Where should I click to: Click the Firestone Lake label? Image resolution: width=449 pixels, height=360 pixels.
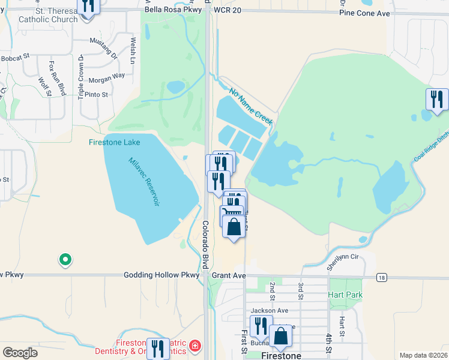(x=114, y=142)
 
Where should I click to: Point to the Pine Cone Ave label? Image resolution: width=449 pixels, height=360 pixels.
(x=364, y=11)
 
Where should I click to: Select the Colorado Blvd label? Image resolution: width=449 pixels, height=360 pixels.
(x=205, y=245)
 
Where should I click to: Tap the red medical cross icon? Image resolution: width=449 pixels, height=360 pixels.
(x=194, y=346)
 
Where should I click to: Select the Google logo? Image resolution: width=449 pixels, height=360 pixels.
(x=20, y=353)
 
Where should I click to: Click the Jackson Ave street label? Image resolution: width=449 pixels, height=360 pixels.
(x=270, y=310)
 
